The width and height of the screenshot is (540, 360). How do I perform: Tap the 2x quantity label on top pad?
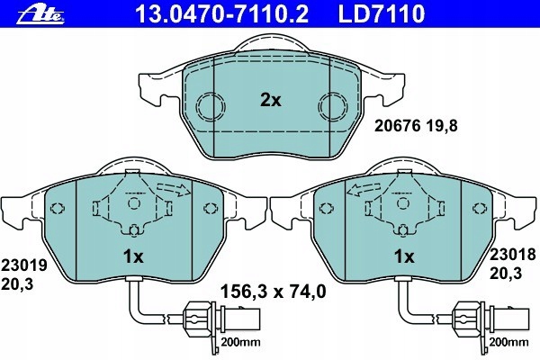point(271,101)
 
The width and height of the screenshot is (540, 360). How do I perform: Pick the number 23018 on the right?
point(514,255)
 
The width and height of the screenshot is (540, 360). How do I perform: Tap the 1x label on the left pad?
point(133,256)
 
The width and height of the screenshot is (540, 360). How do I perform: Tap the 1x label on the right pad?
point(404,256)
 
